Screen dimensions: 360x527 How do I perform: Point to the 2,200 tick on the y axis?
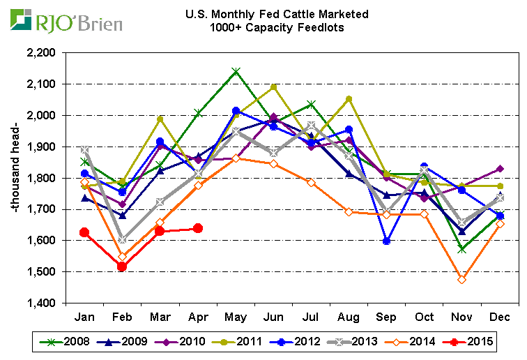pos(40,52)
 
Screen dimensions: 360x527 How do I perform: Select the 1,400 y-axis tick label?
pos(40,303)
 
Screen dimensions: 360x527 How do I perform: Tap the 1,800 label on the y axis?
pos(40,178)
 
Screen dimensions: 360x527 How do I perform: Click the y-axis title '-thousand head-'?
pos(13,177)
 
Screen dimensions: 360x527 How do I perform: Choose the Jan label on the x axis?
pos(84,317)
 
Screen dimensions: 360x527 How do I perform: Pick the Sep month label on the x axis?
pos(387,317)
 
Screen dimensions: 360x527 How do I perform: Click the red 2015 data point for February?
pos(122,267)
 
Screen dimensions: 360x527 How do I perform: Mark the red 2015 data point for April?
pos(198,228)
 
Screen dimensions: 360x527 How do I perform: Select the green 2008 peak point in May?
pos(236,71)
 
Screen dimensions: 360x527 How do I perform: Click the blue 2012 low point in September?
pos(387,241)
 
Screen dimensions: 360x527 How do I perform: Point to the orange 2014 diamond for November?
pos(463,279)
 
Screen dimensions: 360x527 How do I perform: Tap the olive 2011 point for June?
pos(274,87)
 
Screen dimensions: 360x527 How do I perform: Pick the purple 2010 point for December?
pos(501,169)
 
